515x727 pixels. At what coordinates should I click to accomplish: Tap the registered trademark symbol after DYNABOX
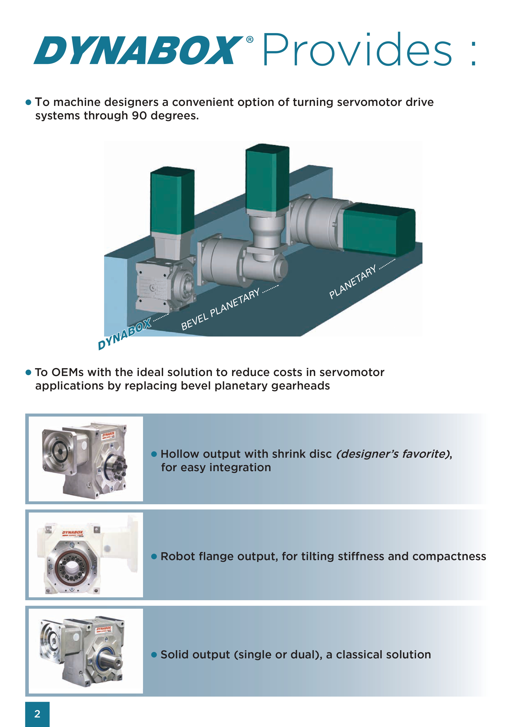250,40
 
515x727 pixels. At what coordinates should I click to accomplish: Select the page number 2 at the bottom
37,714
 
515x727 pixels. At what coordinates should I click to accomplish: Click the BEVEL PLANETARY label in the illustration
220,309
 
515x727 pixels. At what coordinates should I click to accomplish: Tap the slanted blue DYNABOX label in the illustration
124,334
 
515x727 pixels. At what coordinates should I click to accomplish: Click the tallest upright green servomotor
267,179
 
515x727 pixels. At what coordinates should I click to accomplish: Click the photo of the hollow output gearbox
86,459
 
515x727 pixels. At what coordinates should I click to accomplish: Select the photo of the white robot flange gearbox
86,555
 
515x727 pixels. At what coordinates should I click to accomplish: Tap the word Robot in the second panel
174,557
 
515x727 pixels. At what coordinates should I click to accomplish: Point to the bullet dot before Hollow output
154,454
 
